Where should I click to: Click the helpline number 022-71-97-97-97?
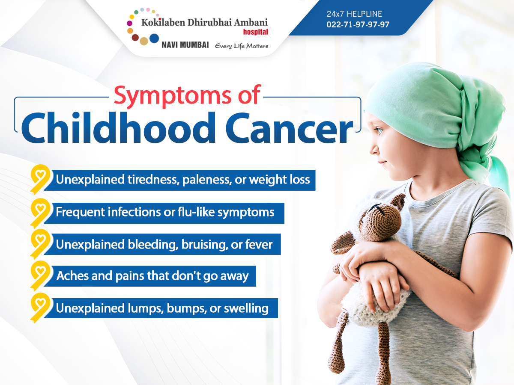pyautogui.click(x=358, y=24)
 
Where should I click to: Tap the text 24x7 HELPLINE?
pyautogui.click(x=354, y=14)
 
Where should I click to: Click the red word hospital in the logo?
pyautogui.click(x=255, y=32)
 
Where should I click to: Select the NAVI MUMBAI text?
pyautogui.click(x=185, y=45)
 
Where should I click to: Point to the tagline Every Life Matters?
pyautogui.click(x=242, y=46)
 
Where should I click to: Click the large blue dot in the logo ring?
pyautogui.click(x=154, y=38)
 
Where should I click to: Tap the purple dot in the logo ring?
pyautogui.click(x=129, y=23)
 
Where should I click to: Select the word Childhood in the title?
pyautogui.click(x=118, y=127)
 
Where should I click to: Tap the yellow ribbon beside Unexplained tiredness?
pyautogui.click(x=40, y=179)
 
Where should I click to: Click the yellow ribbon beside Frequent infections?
pyautogui.click(x=40, y=213)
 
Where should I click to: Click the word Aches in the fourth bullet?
pyautogui.click(x=72, y=276)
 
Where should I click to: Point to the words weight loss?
pyautogui.click(x=279, y=180)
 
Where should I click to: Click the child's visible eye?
pyautogui.click(x=379, y=130)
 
